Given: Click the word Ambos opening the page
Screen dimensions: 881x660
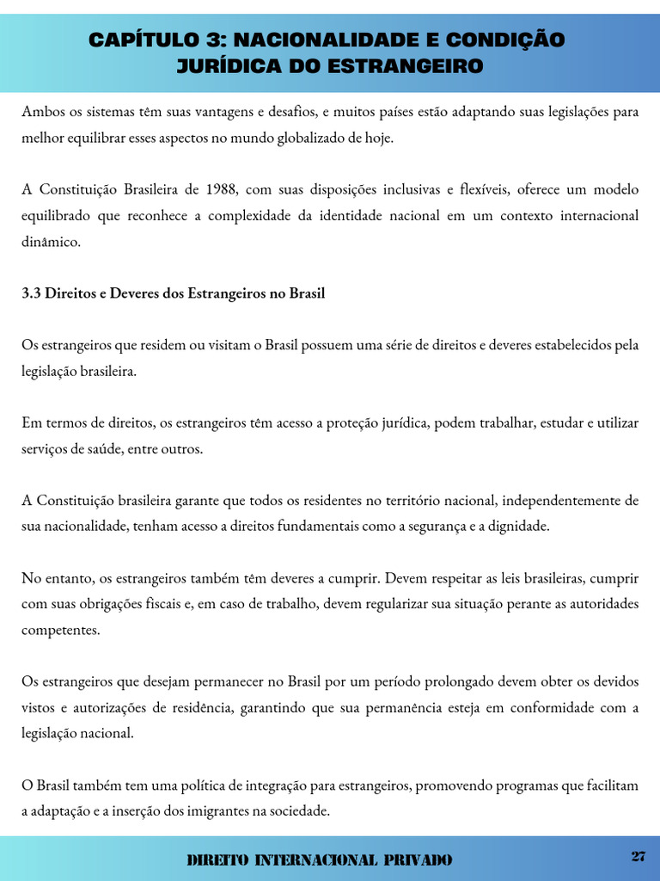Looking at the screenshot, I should [42, 113].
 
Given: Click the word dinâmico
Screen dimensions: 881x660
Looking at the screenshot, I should [51, 242].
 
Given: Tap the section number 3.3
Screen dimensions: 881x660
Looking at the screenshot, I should [31, 293].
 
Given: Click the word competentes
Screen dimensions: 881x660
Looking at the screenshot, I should [60, 630].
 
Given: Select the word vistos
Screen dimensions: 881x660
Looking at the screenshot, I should [39, 708].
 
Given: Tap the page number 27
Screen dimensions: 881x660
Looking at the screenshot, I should [638, 856].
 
